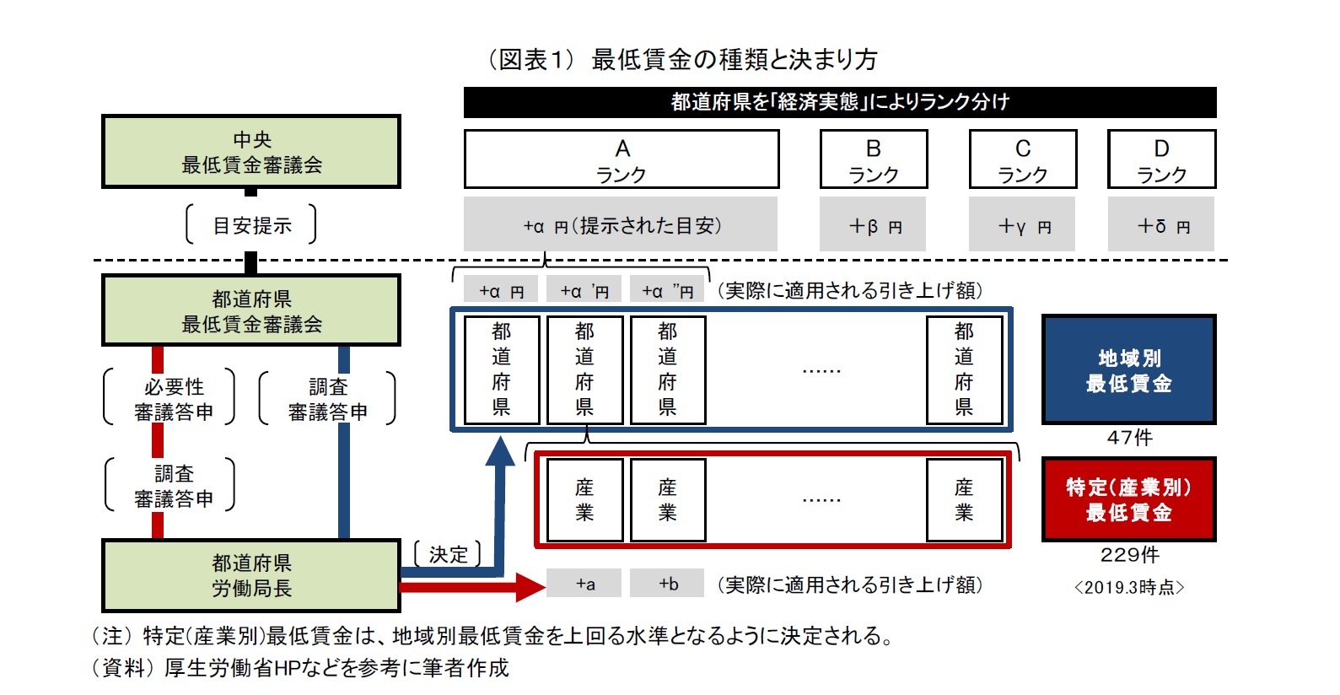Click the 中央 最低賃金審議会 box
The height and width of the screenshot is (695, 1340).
250,152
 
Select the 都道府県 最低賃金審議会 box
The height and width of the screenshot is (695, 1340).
250,311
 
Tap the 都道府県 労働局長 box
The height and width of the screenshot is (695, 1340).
250,576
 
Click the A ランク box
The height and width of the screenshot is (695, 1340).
622,159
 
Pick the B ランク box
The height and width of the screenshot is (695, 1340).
874,159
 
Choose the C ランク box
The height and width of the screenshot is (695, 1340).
1023,159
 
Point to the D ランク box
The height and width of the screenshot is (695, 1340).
1161,159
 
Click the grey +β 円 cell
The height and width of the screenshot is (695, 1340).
873,225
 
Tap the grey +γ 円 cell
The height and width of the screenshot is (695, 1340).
1022,225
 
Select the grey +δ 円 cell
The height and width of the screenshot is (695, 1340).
1161,225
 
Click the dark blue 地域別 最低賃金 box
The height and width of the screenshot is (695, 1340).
1128,370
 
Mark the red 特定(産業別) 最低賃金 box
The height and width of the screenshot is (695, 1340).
1128,499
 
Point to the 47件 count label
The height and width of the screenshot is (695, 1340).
1129,438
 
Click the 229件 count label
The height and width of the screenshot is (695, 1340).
1129,555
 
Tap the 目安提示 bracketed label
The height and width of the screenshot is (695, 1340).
251,225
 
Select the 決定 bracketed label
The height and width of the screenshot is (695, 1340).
448,554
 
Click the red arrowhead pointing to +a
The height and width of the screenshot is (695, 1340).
530,586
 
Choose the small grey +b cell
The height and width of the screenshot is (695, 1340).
668,584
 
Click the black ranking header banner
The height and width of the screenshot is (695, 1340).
840,102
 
